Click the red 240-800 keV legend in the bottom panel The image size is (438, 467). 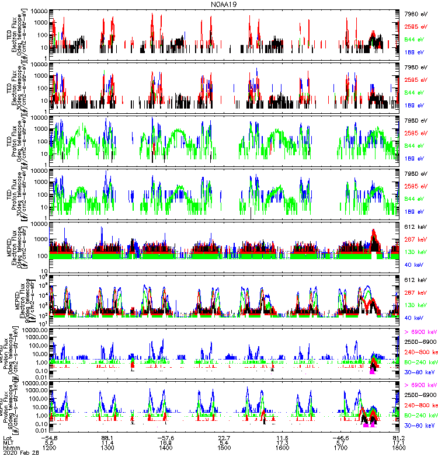(420, 405)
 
